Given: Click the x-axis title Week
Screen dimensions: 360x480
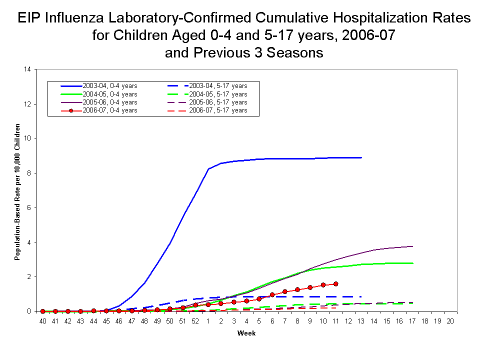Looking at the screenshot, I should [x=246, y=333].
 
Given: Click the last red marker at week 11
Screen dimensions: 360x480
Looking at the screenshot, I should [x=335, y=283].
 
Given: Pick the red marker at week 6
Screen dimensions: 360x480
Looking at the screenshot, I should [x=272, y=295].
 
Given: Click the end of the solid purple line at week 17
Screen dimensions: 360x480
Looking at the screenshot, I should [x=412, y=246].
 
